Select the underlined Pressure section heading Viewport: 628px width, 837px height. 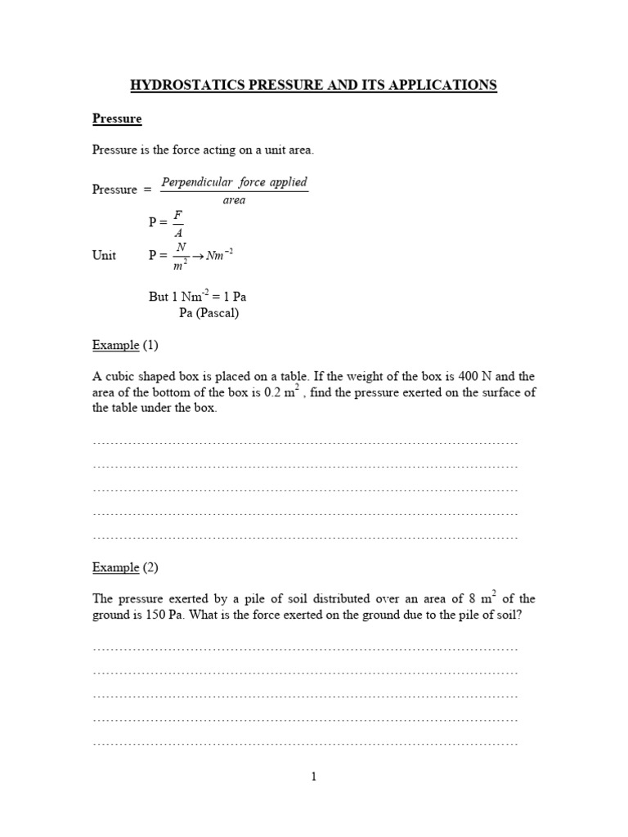[117, 119]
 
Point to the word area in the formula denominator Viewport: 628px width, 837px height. [234, 200]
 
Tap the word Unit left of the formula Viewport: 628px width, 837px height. [104, 255]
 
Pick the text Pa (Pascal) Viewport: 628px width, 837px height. [209, 312]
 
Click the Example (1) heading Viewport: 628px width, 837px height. [125, 345]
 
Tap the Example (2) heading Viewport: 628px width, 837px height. [125, 567]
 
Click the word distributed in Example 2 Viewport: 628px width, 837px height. [350, 599]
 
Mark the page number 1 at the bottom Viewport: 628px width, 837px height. [313, 777]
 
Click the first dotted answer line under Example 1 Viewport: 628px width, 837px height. [306, 442]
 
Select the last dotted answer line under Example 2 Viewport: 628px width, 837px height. [306, 744]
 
